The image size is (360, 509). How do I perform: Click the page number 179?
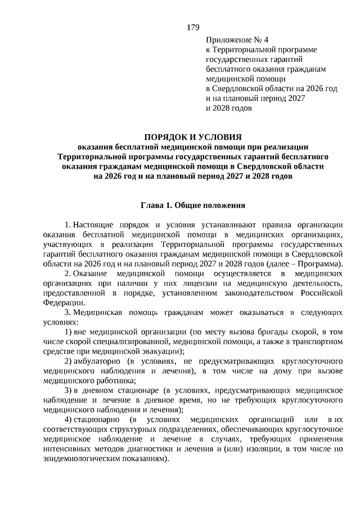193,27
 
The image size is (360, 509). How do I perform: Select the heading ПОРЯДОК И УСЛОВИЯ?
193,137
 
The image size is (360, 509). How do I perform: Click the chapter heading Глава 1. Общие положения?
193,206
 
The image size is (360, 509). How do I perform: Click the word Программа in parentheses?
321,264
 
